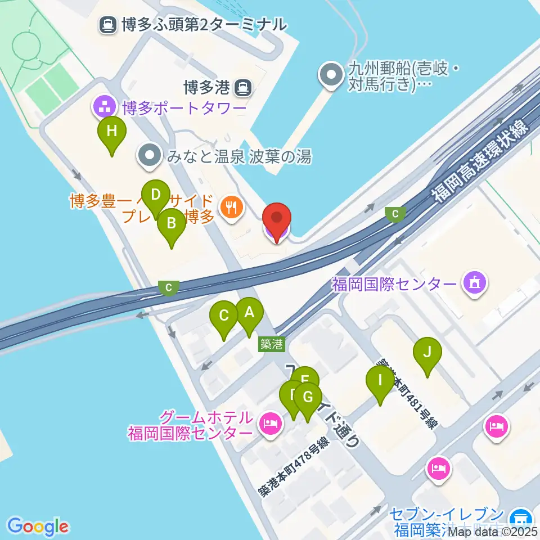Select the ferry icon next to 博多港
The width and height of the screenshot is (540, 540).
(x=243, y=87)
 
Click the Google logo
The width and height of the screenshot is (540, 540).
(x=38, y=526)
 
